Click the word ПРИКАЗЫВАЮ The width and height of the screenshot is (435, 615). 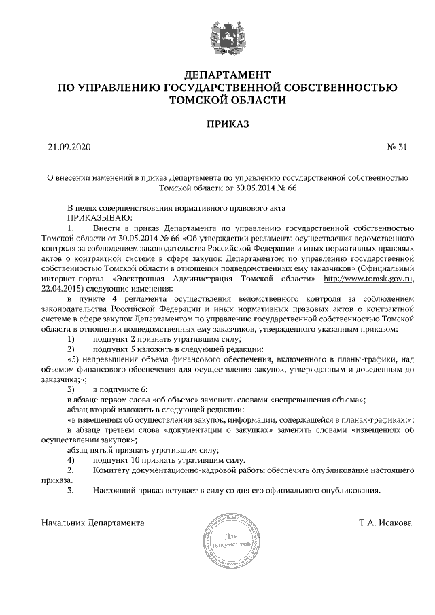[93, 218]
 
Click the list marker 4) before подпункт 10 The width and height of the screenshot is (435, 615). [71, 460]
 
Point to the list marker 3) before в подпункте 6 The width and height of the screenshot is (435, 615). [71, 389]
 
